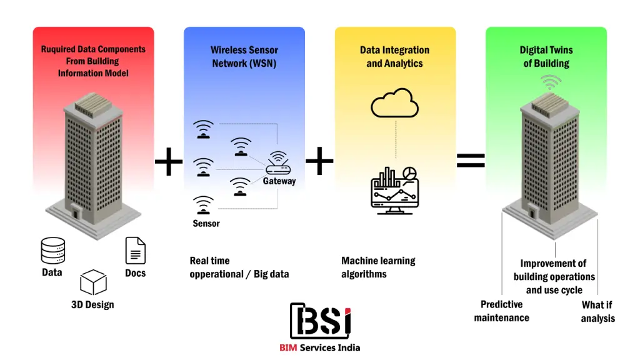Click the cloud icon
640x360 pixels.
[x=394, y=103]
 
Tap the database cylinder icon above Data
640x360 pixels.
[x=52, y=251]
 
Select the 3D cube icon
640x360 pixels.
[x=93, y=282]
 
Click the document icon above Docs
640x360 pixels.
[x=135, y=250]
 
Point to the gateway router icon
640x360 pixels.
[x=278, y=164]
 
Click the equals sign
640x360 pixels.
[x=471, y=161]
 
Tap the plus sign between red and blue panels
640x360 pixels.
[x=169, y=164]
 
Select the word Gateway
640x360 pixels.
[x=279, y=181]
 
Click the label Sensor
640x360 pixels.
[x=206, y=223]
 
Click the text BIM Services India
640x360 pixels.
[x=320, y=347]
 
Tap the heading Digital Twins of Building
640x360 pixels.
[x=546, y=57]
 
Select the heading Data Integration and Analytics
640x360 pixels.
[x=394, y=57]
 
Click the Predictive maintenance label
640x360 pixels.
[x=501, y=311]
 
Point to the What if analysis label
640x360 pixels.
[x=597, y=311]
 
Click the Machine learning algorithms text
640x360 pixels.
[x=378, y=267]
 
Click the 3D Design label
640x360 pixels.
[x=92, y=305]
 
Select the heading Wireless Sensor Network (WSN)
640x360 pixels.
[x=244, y=57]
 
